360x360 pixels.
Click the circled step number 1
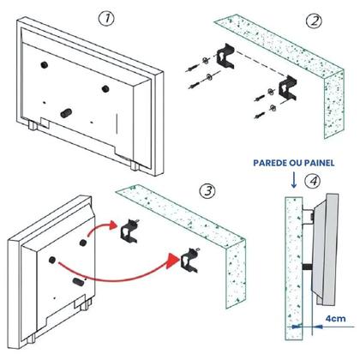click(105, 17)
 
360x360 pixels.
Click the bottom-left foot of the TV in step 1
click(33, 126)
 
